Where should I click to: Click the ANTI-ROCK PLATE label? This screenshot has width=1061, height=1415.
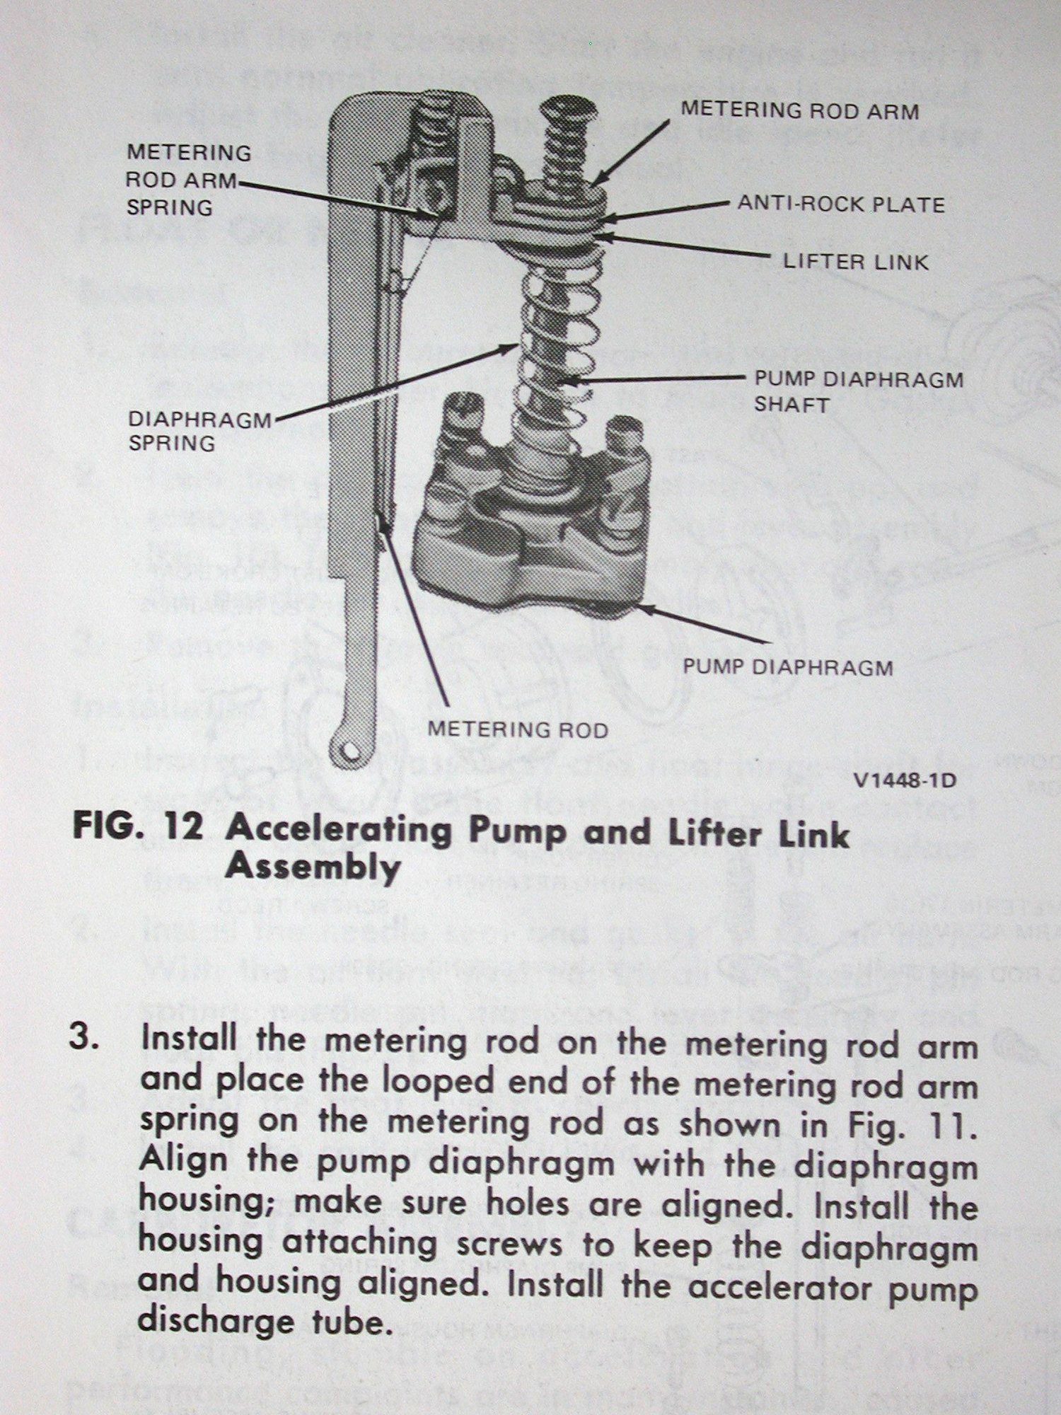point(841,205)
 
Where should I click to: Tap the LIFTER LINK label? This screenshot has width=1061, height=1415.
point(855,262)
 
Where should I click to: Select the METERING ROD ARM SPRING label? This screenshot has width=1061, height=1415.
point(189,180)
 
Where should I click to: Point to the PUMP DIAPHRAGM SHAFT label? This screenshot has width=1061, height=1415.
point(858,392)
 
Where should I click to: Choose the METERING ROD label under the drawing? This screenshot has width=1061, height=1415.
point(518,729)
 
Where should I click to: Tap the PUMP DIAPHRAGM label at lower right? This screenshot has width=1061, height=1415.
point(787,667)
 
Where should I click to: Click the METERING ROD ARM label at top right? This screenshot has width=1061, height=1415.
point(799,111)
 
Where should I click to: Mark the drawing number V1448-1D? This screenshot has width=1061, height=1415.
point(905,781)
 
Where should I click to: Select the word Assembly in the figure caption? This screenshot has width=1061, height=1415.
point(313,867)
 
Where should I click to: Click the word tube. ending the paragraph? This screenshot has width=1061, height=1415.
point(349,1321)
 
